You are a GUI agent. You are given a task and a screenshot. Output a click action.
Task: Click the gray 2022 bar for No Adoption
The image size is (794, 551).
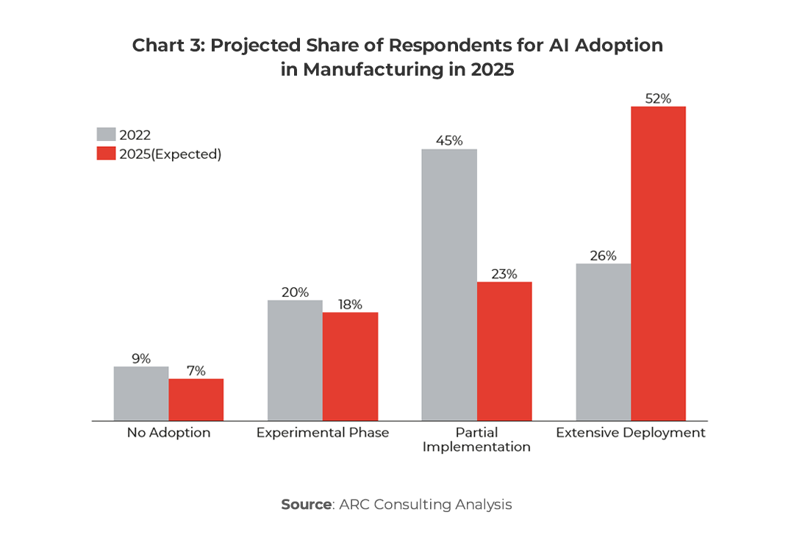[x=141, y=393]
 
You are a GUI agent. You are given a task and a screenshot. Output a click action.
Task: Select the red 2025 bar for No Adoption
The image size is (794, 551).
[x=196, y=400]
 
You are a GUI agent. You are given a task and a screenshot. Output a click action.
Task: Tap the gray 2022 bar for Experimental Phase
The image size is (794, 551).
[x=295, y=360]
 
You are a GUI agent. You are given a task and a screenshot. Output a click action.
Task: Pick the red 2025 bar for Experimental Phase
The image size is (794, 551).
[x=350, y=367]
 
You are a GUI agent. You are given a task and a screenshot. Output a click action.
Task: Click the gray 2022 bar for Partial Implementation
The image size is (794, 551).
[x=448, y=285]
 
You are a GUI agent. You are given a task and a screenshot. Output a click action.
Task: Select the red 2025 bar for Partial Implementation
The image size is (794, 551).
[x=504, y=351]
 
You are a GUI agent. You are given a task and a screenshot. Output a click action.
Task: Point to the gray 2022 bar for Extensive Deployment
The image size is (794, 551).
[x=603, y=342]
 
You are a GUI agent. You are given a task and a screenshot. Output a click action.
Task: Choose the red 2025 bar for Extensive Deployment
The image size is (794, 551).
[x=658, y=264]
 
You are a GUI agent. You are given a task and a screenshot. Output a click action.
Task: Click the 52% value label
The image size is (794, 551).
[x=658, y=97]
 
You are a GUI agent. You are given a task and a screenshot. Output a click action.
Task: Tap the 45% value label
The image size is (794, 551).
[x=448, y=140]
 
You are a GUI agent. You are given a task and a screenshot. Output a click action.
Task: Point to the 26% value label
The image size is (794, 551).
[x=603, y=255]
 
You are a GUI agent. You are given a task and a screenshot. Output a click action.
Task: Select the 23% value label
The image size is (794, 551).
[x=504, y=273]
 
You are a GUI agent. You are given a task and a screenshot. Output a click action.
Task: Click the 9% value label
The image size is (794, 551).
[x=141, y=359]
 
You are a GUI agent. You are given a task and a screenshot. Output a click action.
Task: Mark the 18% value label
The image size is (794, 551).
[x=350, y=304]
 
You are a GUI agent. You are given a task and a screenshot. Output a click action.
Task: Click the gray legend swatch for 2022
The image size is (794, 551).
[x=106, y=134]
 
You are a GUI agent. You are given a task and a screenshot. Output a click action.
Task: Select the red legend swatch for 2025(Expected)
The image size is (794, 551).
[x=106, y=154]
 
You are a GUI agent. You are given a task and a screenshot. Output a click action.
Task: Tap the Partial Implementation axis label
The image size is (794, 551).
[x=476, y=439]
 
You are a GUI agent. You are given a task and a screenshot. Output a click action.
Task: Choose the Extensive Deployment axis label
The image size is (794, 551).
[x=630, y=433]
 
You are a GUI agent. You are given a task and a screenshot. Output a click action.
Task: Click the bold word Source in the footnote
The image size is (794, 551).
[x=306, y=505]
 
